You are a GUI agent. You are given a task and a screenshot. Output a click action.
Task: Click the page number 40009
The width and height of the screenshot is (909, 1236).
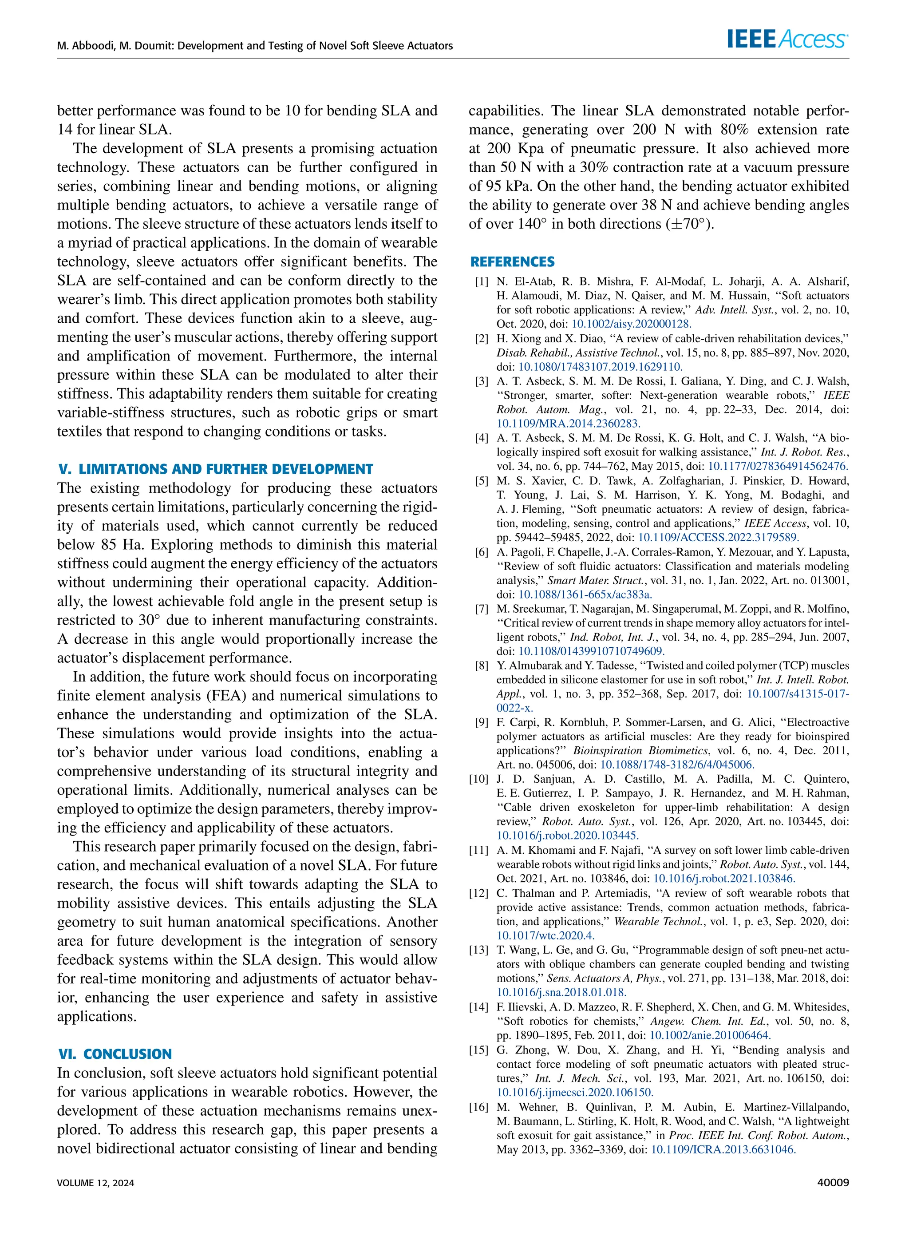tap(833, 1183)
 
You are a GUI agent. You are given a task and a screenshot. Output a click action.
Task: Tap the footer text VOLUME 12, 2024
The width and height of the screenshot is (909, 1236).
tap(96, 1183)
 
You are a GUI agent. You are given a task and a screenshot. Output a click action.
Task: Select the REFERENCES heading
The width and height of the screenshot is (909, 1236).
tap(512, 262)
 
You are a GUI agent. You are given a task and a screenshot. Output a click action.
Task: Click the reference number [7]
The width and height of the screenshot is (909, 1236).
tap(482, 609)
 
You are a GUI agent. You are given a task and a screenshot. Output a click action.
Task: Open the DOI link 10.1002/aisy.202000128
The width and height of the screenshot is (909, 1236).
tap(631, 324)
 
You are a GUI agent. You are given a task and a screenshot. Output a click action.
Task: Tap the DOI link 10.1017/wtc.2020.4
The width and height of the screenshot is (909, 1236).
tap(545, 935)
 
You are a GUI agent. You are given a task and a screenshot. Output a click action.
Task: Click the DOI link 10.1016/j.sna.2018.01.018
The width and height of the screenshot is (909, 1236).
tap(561, 992)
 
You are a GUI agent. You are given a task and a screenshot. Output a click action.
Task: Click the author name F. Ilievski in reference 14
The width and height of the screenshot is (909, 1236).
tap(520, 1006)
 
